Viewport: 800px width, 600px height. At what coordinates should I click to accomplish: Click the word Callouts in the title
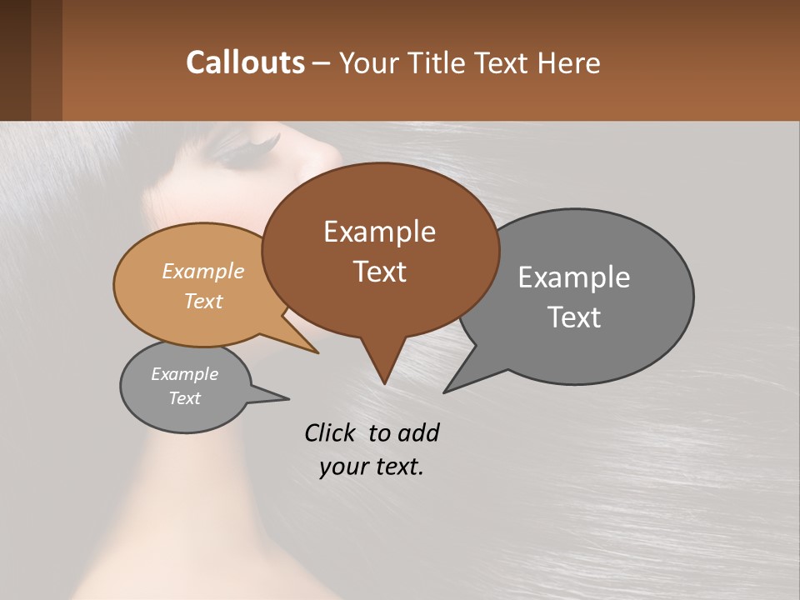click(245, 62)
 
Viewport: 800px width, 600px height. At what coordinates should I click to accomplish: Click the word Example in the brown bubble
click(379, 231)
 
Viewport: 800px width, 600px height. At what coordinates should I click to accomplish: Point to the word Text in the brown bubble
click(379, 272)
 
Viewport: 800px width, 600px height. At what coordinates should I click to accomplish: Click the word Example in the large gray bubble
click(573, 277)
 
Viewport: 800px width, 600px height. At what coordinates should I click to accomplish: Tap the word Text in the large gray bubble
click(574, 317)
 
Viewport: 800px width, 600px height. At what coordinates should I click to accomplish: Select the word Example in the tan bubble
click(203, 271)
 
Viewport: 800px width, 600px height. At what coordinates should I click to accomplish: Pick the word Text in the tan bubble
click(203, 301)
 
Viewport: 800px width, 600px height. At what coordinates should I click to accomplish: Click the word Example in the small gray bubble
click(184, 374)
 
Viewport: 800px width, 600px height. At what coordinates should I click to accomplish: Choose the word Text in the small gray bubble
click(184, 398)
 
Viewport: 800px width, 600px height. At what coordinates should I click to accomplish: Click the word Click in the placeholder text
click(331, 432)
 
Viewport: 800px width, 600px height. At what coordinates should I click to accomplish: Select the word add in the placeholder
click(418, 432)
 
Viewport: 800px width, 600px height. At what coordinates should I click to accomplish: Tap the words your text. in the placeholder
click(371, 467)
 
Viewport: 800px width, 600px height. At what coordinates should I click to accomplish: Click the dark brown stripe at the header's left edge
click(15, 60)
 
